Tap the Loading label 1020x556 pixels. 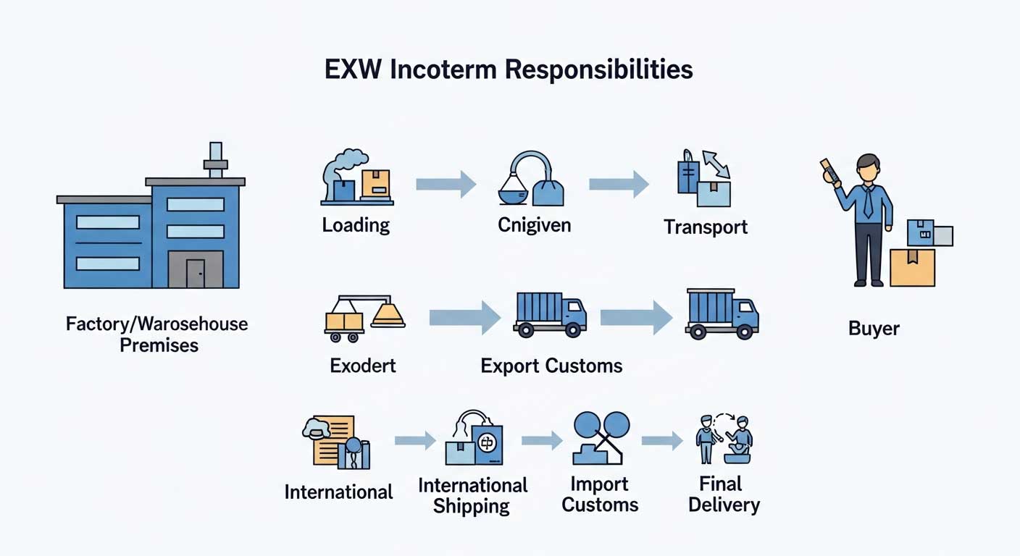356,225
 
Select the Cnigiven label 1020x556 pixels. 534,225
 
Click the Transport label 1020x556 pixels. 706,227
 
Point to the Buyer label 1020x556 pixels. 874,329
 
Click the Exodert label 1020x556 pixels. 363,366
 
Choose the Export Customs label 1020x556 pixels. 551,366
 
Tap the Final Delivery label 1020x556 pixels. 723,494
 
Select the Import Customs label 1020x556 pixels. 600,494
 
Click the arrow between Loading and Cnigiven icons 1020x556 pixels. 446,185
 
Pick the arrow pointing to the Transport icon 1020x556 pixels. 619,185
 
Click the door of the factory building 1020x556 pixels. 195,274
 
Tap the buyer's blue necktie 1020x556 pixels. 868,203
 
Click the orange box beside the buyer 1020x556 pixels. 912,267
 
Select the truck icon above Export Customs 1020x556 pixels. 549,314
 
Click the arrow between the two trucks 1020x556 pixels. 636,317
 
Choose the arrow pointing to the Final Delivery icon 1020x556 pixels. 662,439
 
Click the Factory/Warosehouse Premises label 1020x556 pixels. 157,334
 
